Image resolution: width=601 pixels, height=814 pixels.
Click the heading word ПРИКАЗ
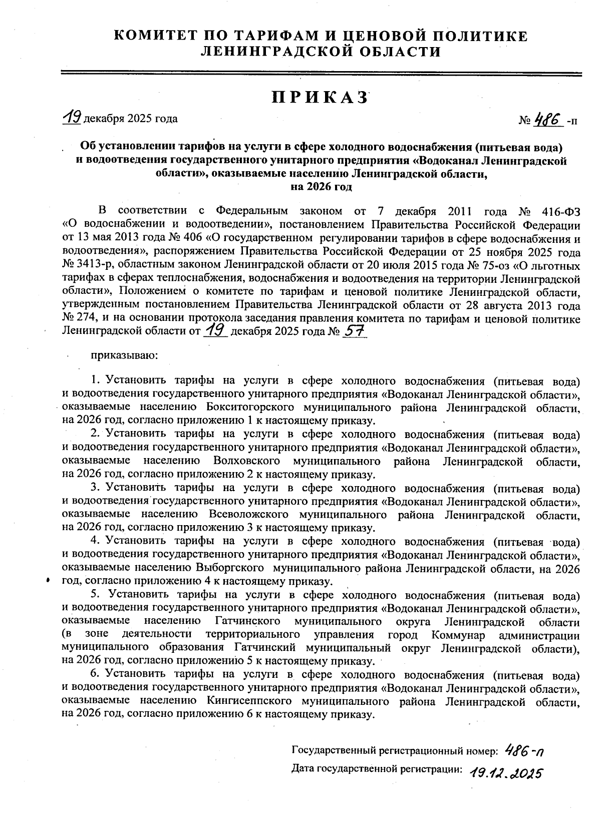click(321, 98)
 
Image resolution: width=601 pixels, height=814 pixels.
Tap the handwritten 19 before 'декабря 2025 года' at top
click(72, 118)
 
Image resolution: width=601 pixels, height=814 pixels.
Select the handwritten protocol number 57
click(355, 331)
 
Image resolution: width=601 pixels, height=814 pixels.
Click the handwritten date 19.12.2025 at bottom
click(506, 774)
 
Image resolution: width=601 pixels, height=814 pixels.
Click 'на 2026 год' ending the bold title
click(321, 187)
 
